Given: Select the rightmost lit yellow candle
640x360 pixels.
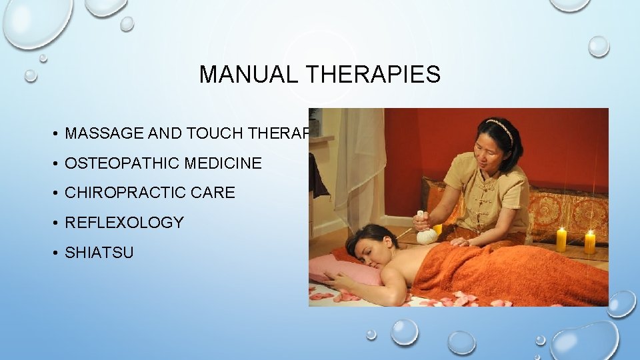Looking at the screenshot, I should coord(589,241).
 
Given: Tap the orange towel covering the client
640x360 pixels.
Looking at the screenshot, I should coord(507,273).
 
